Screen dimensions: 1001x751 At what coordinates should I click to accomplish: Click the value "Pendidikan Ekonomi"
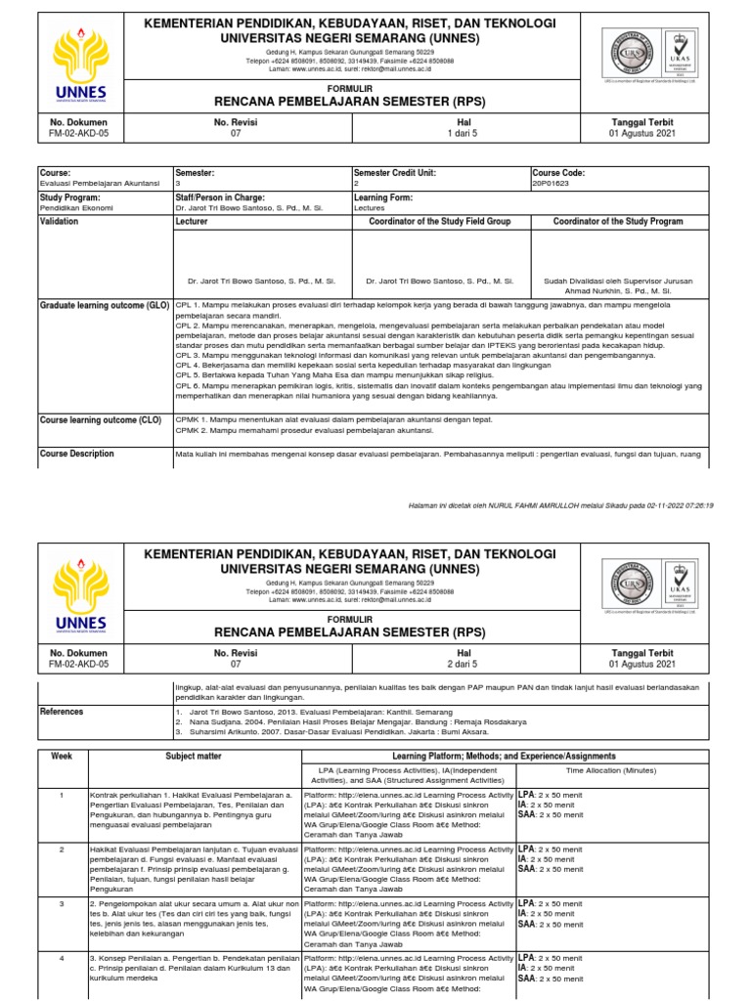(x=79, y=208)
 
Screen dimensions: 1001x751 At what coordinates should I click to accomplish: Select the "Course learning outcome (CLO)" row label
(x=99, y=419)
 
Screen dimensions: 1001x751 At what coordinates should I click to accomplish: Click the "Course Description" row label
(x=76, y=454)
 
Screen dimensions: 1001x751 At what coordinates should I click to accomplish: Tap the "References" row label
(x=62, y=712)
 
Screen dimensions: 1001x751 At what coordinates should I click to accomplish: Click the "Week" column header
(x=63, y=757)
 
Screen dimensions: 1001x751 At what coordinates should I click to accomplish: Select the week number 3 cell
(x=63, y=904)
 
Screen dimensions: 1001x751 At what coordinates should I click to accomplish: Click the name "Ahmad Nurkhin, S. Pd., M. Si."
(x=620, y=291)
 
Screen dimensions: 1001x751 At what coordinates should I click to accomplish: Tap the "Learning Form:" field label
(x=384, y=196)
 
